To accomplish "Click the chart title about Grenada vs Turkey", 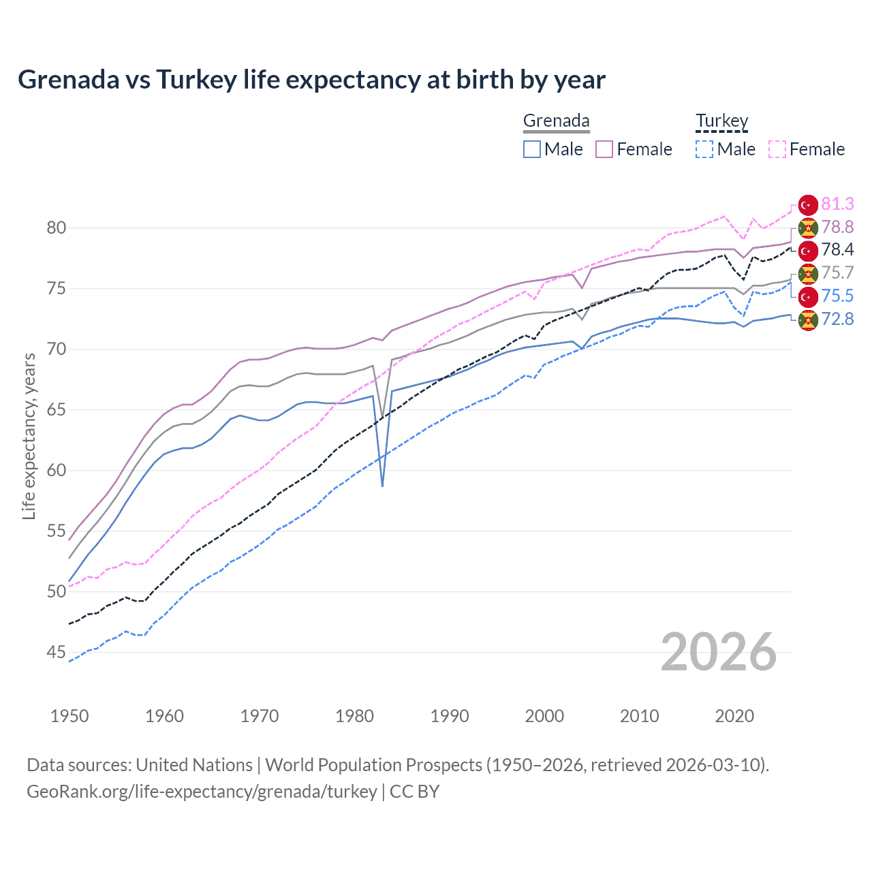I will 311,80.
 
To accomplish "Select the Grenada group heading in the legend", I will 556,121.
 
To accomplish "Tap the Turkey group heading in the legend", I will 721,121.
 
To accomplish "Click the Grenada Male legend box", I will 532,149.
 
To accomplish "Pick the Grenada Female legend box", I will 605,149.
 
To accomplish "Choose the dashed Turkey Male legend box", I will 704,149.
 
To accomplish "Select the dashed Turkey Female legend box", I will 777,149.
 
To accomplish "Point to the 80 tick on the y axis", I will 57,228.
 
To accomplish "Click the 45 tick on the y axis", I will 57,653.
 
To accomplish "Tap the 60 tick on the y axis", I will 57,471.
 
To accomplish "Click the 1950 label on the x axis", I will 69,716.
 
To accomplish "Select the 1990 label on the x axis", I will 450,716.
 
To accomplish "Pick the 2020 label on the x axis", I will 734,716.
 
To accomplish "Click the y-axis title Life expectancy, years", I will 29,436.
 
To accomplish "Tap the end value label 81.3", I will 837,204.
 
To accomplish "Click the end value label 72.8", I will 837,319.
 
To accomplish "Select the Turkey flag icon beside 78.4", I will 808,250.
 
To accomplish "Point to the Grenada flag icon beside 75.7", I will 808,273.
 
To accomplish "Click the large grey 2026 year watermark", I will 719,652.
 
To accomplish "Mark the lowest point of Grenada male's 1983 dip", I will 383,486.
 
